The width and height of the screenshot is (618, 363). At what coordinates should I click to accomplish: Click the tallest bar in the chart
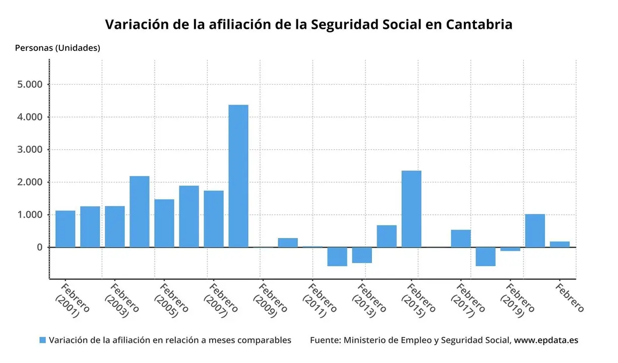coord(238,176)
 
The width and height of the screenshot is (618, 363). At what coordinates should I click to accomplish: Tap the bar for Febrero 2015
coord(411,209)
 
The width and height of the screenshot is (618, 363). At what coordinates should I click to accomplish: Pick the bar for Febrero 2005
coord(164,223)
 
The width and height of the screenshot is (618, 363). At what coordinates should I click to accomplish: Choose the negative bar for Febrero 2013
coord(362,255)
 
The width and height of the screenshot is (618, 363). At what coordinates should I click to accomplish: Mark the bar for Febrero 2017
coord(461,238)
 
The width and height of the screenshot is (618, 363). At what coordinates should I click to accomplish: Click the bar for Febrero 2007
coord(214,219)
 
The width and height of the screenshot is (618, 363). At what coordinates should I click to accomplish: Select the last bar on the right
coord(560,245)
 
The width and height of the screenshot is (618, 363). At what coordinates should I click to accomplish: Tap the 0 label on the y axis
coord(39,248)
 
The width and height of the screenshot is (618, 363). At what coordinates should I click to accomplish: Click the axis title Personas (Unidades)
coord(57,48)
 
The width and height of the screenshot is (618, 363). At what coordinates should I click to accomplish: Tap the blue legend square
coord(42,340)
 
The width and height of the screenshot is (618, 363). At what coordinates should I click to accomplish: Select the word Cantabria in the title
coord(479,24)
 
